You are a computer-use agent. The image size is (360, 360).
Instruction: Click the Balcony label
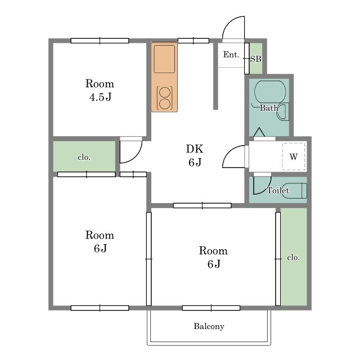(209, 326)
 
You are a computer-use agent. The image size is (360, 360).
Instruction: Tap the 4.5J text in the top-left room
(100, 97)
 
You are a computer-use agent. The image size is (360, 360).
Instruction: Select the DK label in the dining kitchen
(195, 148)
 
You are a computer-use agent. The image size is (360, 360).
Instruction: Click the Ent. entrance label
(231, 55)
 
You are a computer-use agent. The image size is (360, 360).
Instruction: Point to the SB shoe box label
(256, 59)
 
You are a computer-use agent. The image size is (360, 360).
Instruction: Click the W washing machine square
(294, 156)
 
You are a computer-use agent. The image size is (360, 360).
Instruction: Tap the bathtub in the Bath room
(270, 92)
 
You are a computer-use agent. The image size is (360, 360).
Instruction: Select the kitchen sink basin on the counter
(164, 59)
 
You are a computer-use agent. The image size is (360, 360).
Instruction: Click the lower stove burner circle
(165, 104)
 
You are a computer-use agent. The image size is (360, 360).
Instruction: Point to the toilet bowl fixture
(295, 190)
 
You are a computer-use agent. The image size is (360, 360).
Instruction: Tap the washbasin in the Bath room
(283, 112)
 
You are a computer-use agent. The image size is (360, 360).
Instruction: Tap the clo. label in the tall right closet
(293, 258)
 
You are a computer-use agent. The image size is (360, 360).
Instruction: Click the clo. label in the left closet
(84, 157)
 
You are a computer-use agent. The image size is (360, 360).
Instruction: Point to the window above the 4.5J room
(100, 41)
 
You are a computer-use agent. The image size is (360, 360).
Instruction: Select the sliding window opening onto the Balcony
(211, 308)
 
